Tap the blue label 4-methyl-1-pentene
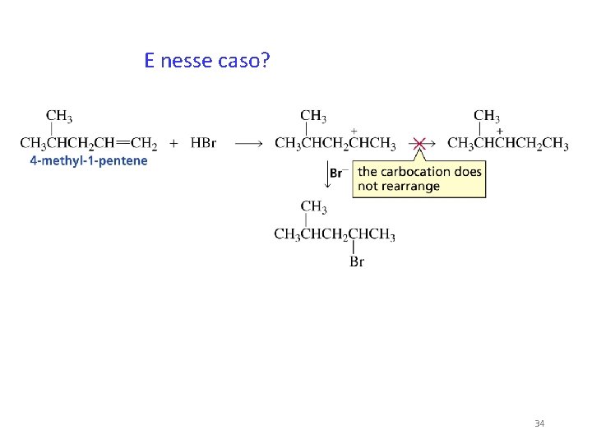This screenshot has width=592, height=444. point(89,161)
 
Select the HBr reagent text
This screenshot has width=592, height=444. point(203,144)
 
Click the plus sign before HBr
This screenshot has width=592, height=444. point(174,144)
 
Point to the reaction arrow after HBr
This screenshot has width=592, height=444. point(248,144)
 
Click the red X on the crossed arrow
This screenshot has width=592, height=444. point(419,144)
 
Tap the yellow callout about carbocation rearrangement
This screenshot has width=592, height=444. point(419,178)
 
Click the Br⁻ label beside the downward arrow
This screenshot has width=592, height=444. point(336,173)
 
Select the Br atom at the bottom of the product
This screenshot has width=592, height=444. point(357,262)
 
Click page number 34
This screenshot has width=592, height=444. point(539,423)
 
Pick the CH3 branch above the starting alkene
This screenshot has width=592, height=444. point(58,115)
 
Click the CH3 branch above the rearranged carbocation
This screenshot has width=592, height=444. point(487,116)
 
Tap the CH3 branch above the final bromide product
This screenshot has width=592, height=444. point(313,206)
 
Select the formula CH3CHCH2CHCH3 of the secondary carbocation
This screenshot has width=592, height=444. point(335,145)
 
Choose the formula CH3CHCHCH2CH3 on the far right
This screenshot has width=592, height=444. point(507,145)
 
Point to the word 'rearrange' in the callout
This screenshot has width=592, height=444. point(412,187)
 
